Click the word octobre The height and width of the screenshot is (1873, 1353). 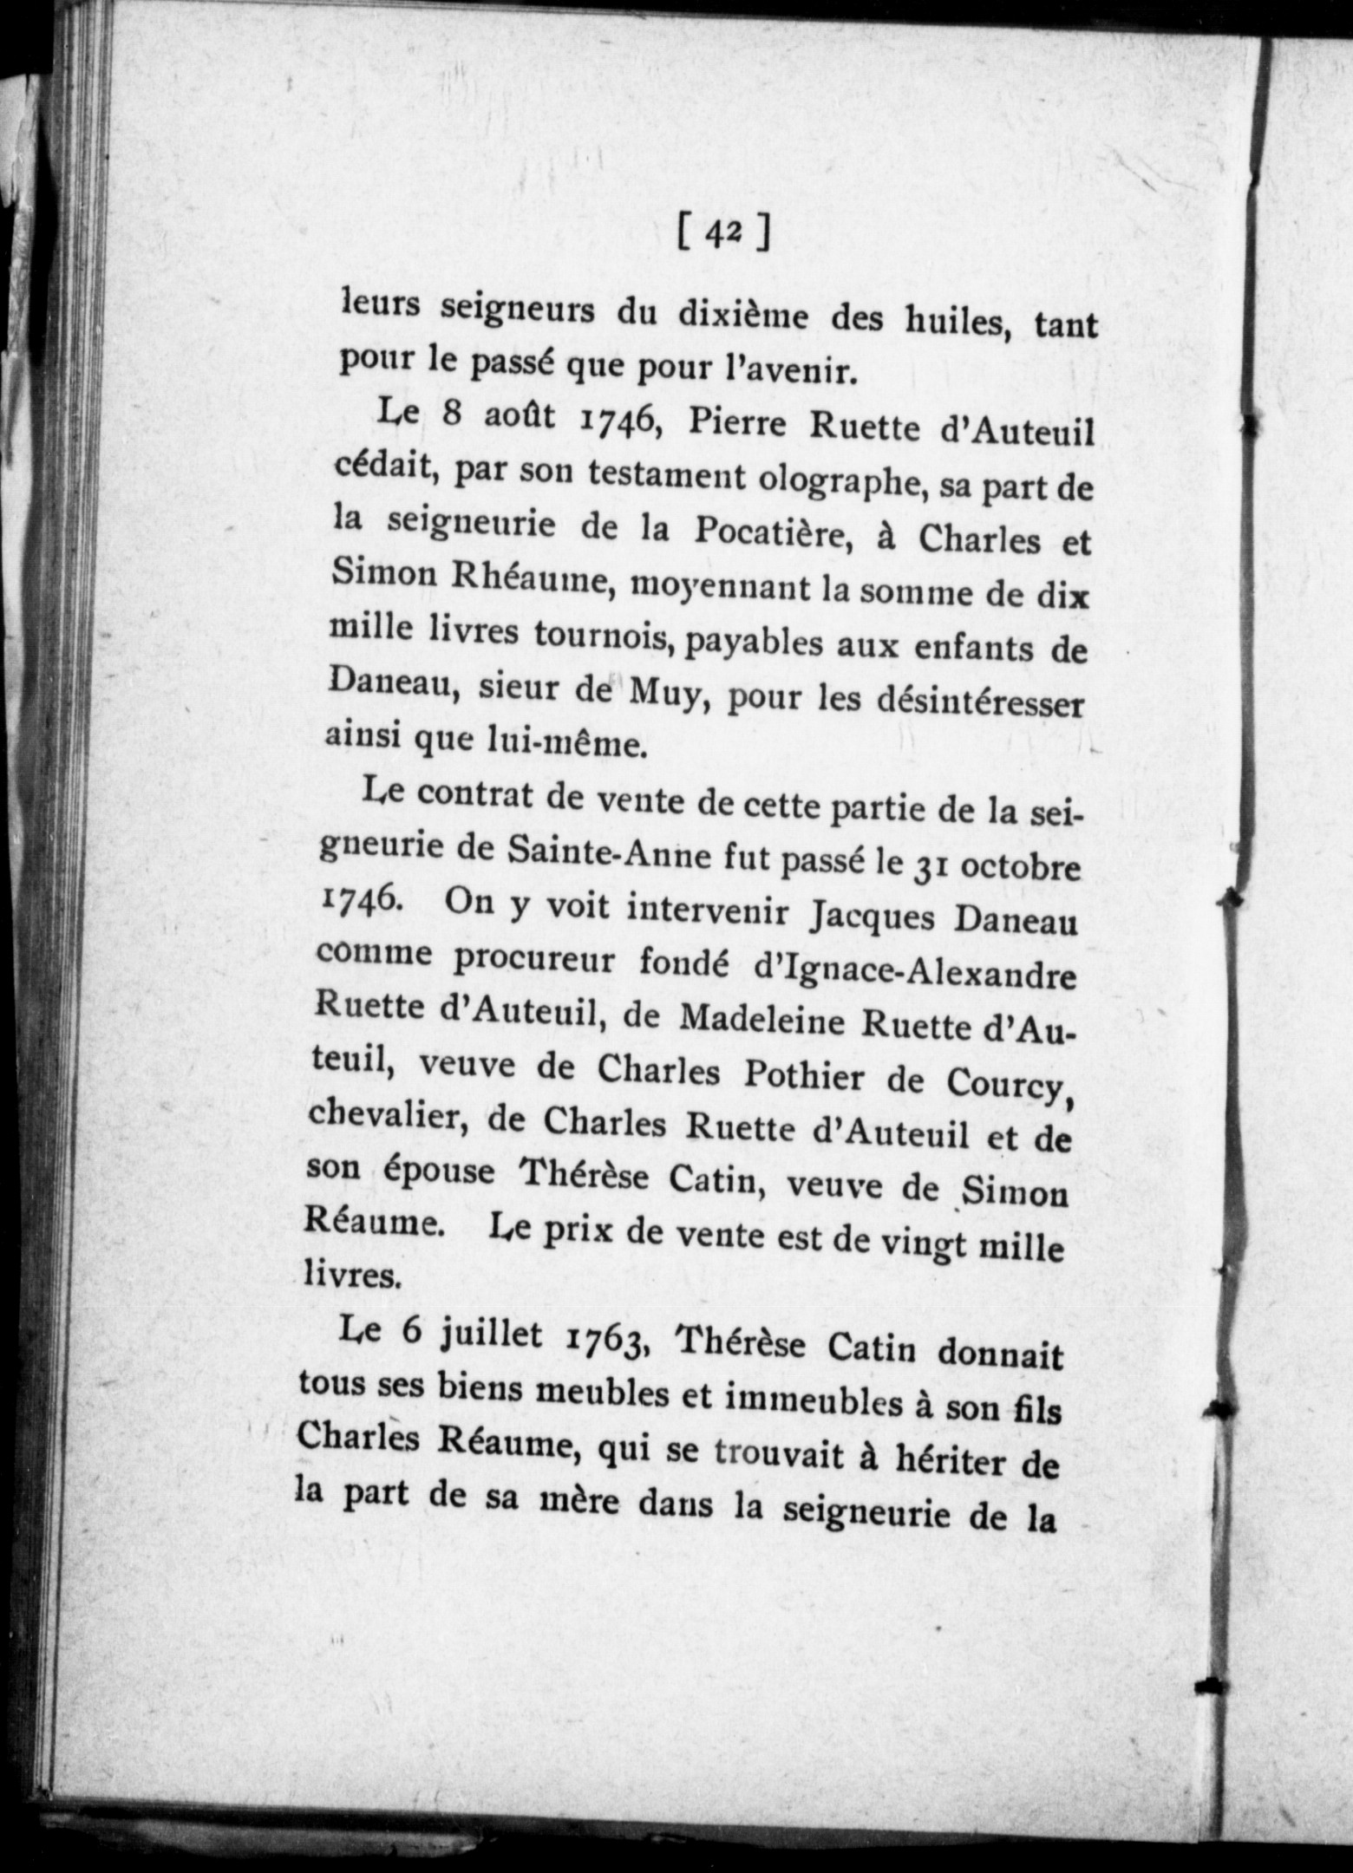(x=1016, y=868)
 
